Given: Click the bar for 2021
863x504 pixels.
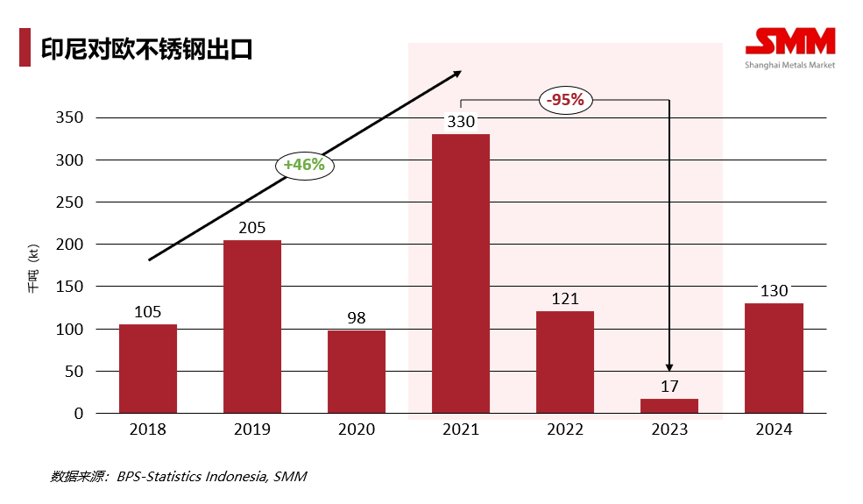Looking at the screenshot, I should [x=461, y=273].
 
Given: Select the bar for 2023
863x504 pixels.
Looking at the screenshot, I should [x=669, y=406].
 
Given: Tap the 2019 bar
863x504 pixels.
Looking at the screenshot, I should [x=252, y=326].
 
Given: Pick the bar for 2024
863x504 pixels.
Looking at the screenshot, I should [x=774, y=358].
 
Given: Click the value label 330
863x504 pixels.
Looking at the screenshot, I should [x=461, y=122].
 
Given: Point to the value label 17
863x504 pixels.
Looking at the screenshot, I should [x=669, y=387].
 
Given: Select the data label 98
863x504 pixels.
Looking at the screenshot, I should [x=357, y=318].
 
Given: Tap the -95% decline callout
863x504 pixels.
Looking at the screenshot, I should [x=565, y=100].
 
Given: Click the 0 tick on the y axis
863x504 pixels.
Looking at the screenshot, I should [x=78, y=413].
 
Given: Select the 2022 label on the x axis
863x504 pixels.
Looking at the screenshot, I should [x=565, y=429].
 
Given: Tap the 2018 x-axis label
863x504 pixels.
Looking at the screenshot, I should [x=148, y=429].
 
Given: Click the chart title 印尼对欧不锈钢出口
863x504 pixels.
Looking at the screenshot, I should [x=146, y=47].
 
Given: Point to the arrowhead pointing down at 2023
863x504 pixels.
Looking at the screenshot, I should [x=669, y=366].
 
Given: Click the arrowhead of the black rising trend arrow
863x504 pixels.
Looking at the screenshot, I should [x=456, y=75].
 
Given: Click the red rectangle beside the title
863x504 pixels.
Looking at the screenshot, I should [x=25, y=47].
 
